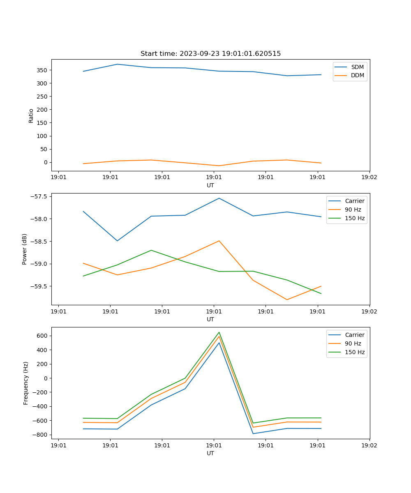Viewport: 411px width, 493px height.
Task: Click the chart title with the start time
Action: click(210, 54)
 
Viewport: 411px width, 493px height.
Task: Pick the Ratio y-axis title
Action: click(31, 115)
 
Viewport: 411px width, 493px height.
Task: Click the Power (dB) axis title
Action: click(25, 249)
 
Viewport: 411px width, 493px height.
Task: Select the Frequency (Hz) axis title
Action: click(26, 383)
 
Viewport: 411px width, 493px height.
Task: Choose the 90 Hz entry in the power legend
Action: click(353, 210)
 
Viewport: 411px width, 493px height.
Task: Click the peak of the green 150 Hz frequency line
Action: click(219, 332)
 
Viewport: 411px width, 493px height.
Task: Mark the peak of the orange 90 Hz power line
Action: click(219, 241)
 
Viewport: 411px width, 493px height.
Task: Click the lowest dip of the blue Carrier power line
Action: click(118, 241)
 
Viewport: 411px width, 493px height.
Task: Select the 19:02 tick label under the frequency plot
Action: click(369, 445)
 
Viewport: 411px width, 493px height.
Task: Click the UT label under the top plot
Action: click(210, 185)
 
